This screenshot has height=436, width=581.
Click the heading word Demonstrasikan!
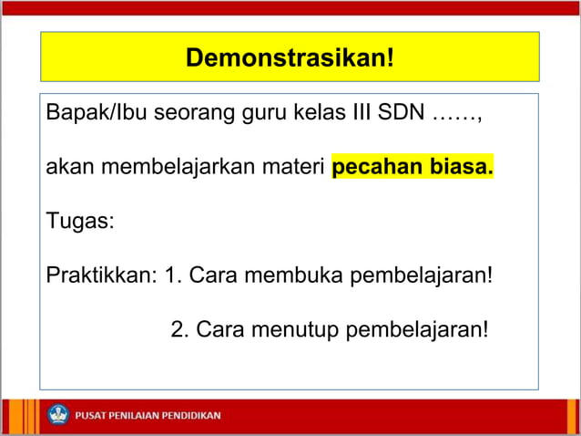[x=290, y=58]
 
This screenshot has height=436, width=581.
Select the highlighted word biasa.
[x=460, y=169]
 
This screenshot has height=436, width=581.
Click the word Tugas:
[x=80, y=221]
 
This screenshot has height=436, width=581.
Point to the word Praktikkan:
[x=101, y=274]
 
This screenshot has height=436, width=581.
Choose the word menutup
[x=297, y=327]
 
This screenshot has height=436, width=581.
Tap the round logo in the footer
[x=59, y=415]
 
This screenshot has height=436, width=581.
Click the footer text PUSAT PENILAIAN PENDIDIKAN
[x=148, y=416]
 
